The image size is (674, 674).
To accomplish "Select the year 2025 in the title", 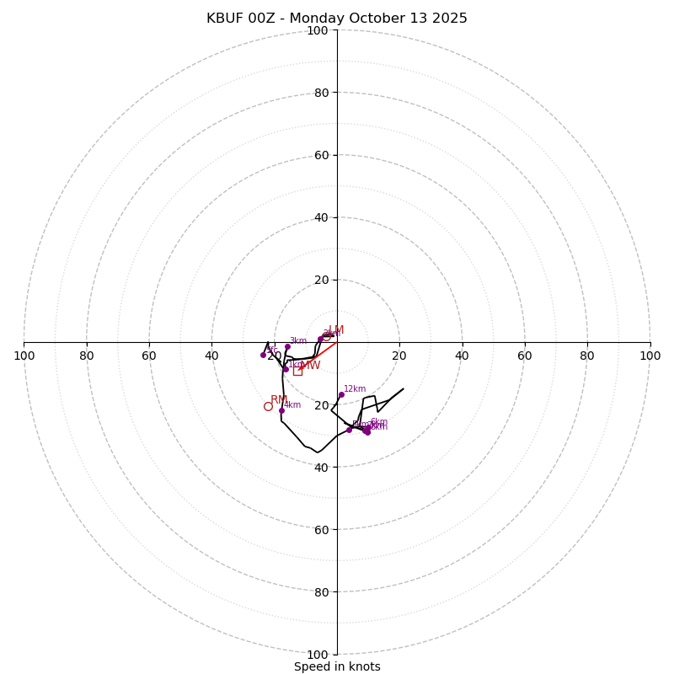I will click(450, 19).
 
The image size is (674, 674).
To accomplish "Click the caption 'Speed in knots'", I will click(337, 666).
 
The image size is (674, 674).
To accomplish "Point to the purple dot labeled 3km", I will click(287, 346).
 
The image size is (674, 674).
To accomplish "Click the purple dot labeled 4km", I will click(281, 411).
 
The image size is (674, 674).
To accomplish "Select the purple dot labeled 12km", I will click(341, 394).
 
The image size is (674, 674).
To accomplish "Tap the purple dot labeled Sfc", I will click(263, 355).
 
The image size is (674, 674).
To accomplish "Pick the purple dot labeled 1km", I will click(286, 369).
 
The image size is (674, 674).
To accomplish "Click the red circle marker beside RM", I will click(268, 406).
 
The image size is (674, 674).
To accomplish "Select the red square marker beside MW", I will click(297, 371).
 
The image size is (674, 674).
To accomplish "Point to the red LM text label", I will click(336, 330).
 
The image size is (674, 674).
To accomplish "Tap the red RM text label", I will click(279, 400).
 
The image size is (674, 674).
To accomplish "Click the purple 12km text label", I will click(355, 389).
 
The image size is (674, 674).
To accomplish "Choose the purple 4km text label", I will click(292, 405).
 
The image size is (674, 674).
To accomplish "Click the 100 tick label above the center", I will click(318, 30).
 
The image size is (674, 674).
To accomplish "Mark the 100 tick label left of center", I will click(24, 356).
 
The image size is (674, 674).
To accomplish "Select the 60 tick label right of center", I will click(524, 356).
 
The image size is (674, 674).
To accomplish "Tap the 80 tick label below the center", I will click(320, 591).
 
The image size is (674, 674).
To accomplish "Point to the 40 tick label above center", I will click(320, 217).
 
